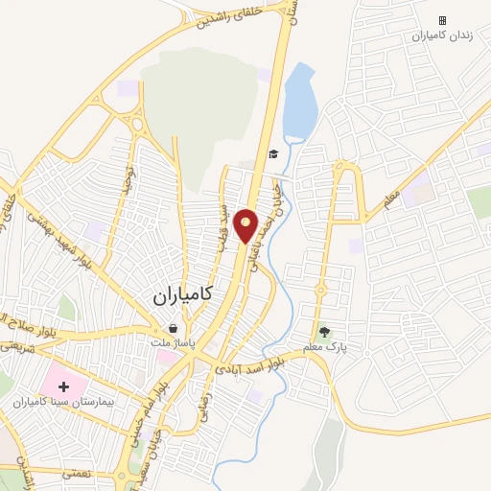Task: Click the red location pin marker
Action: (x=246, y=225)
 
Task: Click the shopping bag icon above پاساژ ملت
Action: (x=172, y=328)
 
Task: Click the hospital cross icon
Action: (x=64, y=387)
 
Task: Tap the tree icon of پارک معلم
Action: (x=325, y=333)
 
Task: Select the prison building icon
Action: (x=442, y=20)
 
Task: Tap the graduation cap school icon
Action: (x=273, y=153)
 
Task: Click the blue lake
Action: (x=299, y=101)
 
